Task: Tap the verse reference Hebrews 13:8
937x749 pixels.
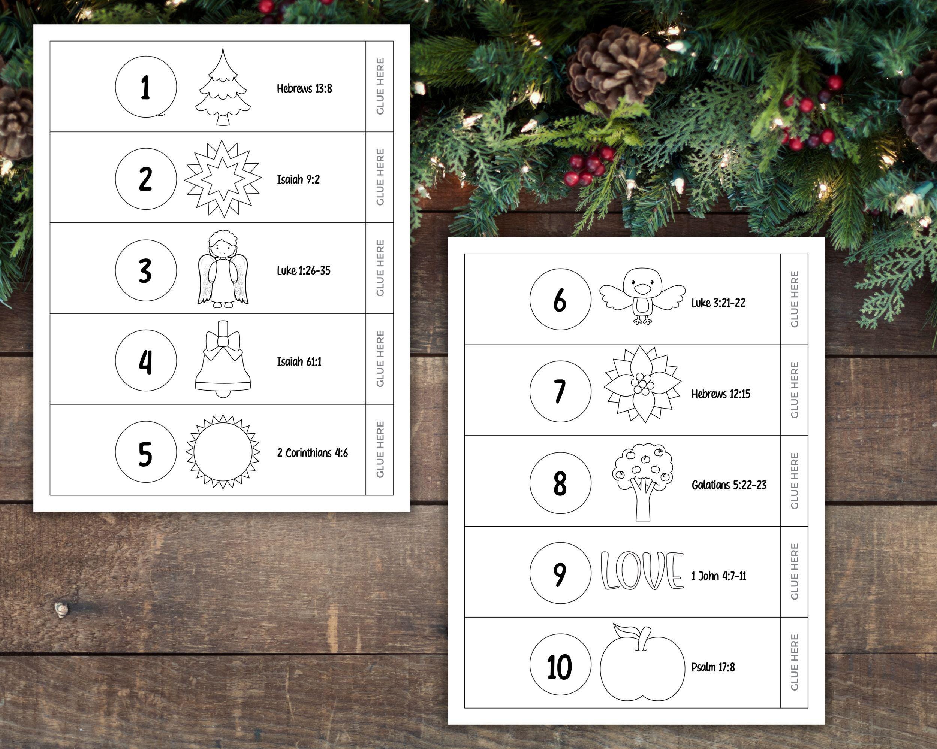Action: (304, 89)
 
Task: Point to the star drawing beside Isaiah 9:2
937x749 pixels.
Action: (223, 179)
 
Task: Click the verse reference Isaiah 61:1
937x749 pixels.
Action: (299, 361)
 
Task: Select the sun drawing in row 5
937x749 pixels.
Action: (223, 452)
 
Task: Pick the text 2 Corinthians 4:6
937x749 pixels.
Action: (313, 453)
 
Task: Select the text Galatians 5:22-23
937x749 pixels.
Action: (729, 485)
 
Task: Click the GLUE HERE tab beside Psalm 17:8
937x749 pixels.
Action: (795, 662)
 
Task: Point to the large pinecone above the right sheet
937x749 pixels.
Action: (616, 70)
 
